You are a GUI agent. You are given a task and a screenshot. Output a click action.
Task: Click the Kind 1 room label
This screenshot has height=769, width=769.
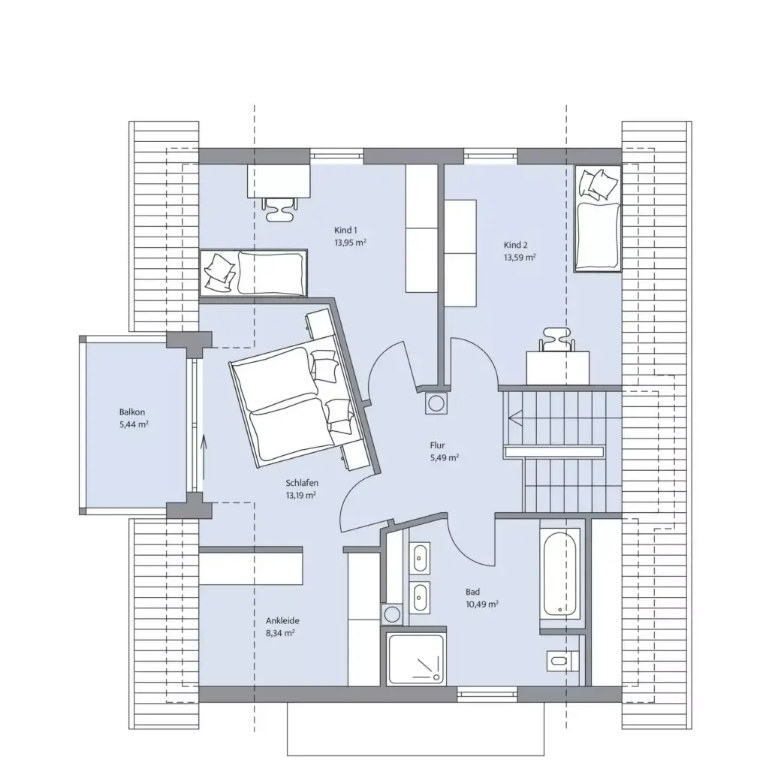point(345,231)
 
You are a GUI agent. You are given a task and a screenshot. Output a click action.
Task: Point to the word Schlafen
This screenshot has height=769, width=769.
point(300,483)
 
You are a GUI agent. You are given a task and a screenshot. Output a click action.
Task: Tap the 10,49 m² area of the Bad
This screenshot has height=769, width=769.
point(483,603)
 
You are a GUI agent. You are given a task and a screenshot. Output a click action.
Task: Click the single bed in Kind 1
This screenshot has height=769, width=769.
point(254,272)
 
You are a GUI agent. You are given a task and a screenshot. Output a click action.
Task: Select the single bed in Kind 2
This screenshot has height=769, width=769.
point(598,218)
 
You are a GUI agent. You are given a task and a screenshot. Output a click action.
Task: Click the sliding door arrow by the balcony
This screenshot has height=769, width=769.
point(204,451)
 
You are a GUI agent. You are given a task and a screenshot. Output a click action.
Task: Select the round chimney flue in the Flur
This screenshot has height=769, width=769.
point(436,403)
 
